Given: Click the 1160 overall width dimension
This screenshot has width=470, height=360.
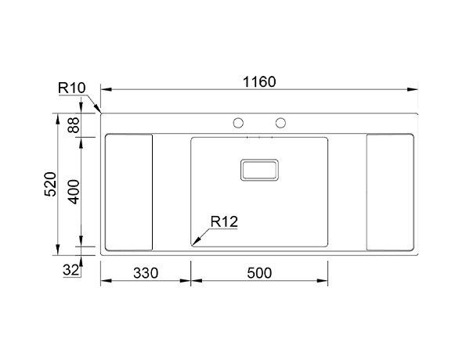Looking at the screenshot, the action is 259,81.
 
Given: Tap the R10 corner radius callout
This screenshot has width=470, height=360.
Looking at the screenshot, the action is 71,88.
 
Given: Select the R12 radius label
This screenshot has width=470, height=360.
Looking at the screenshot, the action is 224,221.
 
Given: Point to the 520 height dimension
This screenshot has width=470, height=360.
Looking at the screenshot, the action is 50,184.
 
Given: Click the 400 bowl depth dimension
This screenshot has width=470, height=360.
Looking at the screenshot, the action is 74,192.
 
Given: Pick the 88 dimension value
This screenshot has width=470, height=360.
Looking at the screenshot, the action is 74,125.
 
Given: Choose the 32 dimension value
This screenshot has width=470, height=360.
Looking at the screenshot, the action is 71,270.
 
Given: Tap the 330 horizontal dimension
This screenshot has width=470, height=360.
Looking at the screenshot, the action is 146,273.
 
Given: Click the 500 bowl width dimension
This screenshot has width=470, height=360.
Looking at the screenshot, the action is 259,273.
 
